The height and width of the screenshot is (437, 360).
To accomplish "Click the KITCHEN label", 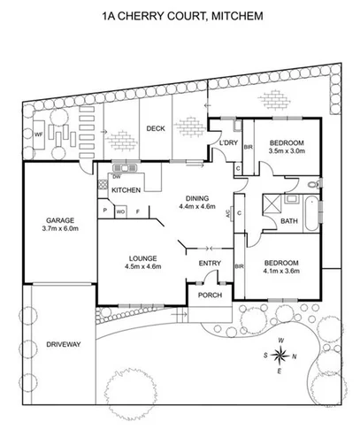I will point(126,189).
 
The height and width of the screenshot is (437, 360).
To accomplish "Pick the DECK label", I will point(156,127).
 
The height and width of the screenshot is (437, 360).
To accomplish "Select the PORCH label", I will point(209,295).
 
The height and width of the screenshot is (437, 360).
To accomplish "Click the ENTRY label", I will point(210,263).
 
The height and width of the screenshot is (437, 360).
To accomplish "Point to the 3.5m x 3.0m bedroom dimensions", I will point(287,151).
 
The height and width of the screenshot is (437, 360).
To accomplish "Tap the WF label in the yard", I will point(37,134).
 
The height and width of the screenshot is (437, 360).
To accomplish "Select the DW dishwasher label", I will point(115,176).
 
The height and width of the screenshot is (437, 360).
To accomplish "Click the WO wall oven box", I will point(122,211).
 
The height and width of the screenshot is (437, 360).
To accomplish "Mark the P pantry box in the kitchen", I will point(105,211).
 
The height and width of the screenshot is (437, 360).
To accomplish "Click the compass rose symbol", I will point(280,356).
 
